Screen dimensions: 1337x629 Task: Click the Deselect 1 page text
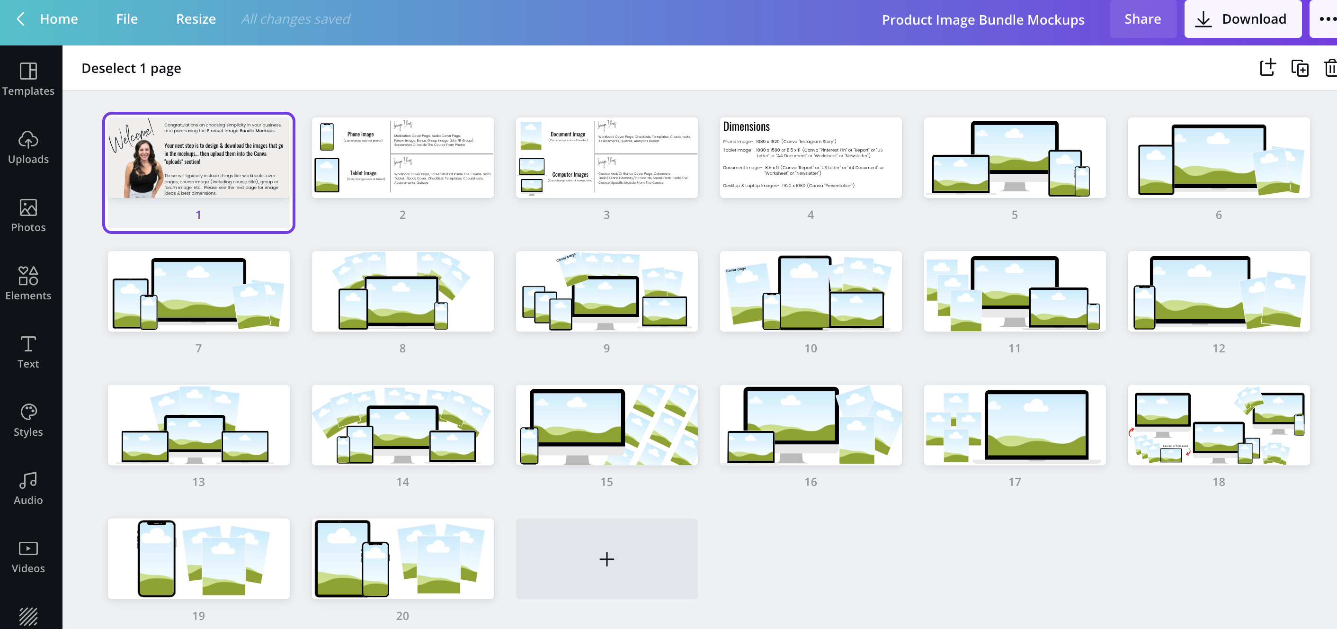tap(131, 69)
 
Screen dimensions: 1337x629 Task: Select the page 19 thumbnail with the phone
tap(198, 558)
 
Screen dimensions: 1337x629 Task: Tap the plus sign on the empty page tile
tap(606, 559)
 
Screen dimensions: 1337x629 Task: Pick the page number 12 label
tap(1218, 349)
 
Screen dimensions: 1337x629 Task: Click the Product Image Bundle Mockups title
tap(982, 20)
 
